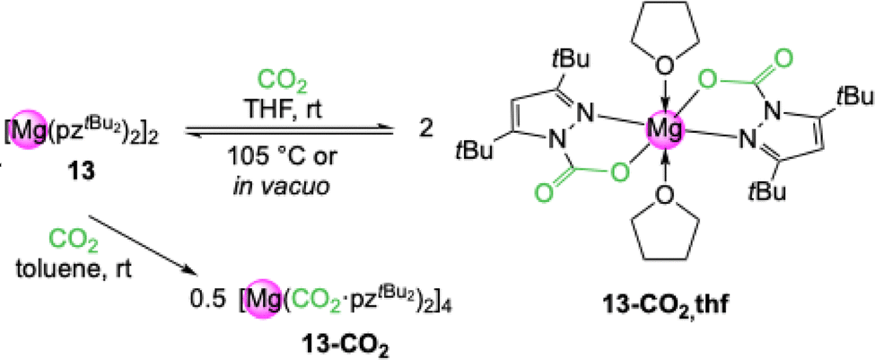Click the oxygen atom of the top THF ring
point(666,64)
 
